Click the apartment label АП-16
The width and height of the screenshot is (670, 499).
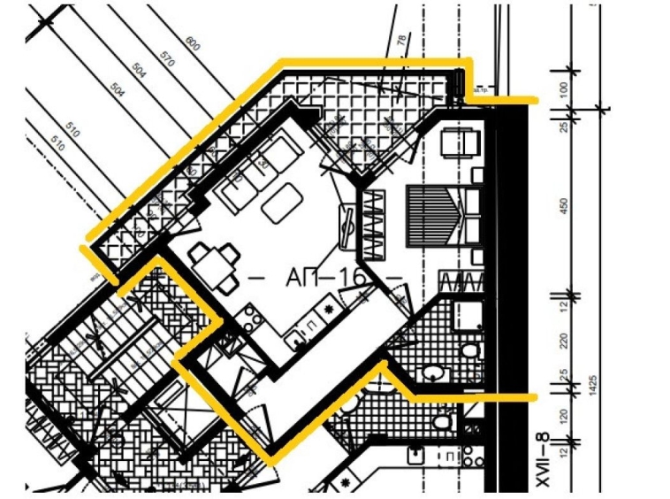pyautogui.click(x=325, y=277)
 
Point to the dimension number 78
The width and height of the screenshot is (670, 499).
pyautogui.click(x=402, y=42)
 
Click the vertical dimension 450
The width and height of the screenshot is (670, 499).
pyautogui.click(x=564, y=206)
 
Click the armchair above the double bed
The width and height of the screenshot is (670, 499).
pyautogui.click(x=459, y=141)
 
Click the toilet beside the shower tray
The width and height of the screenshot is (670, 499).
pyautogui.click(x=469, y=354)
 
